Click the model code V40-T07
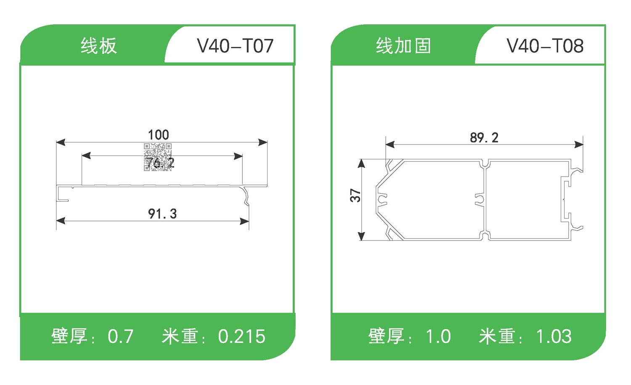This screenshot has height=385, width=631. click(x=235, y=46)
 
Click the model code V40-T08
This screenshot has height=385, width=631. click(x=545, y=46)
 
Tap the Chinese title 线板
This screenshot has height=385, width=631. click(x=98, y=46)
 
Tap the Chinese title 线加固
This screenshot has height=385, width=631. click(x=403, y=46)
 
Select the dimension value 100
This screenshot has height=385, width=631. click(x=159, y=135)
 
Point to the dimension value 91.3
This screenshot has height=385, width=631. click(x=162, y=214)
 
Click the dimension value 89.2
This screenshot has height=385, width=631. click(x=484, y=137)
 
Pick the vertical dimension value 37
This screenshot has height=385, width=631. click(x=355, y=195)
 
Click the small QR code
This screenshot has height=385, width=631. click(x=158, y=157)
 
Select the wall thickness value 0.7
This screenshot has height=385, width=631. click(x=121, y=336)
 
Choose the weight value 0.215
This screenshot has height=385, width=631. click(x=242, y=336)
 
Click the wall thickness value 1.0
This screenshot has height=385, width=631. click(x=438, y=336)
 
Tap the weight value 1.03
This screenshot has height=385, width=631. click(x=554, y=336)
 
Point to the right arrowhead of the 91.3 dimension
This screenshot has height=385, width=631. click(x=244, y=221)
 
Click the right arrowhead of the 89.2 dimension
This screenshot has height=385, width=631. click(x=579, y=145)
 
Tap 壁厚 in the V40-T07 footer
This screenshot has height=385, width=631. click(x=69, y=336)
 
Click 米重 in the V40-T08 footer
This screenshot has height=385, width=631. click(x=497, y=336)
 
